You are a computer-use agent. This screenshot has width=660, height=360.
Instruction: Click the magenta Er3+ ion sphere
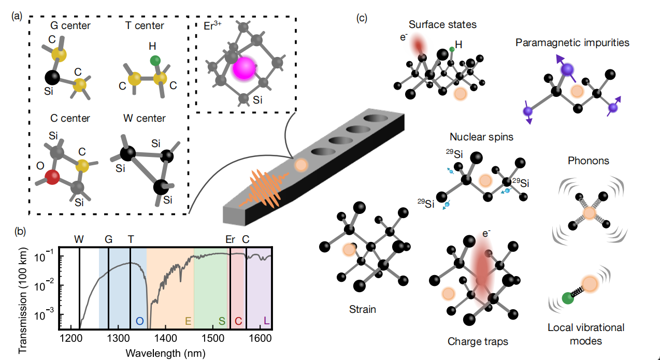pos(243,69)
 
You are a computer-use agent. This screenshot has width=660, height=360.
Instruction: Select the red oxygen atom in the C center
pos(52,178)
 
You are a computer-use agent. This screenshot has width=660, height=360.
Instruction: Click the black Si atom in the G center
pos(51,78)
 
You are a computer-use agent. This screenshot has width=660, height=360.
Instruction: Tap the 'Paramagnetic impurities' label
pos(572,42)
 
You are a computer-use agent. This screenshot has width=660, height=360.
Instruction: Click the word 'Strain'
pos(362,310)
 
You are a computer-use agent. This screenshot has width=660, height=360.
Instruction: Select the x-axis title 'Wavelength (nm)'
pos(165,353)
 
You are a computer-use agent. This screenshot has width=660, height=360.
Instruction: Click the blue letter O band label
pos(139,321)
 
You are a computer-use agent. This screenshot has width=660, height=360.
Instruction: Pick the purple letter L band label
pos(266,321)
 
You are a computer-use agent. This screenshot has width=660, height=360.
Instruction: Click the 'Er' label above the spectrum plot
pos(230,240)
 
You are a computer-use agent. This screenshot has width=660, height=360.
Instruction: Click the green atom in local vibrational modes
pos(568,299)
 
